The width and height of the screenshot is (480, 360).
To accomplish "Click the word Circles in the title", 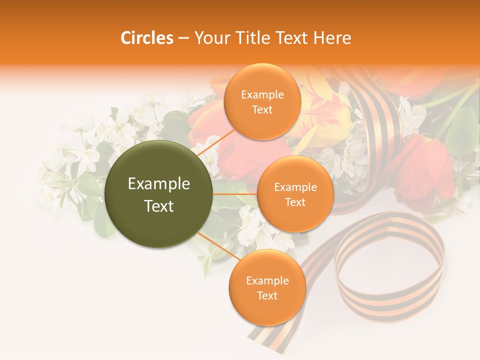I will pyautogui.click(x=146, y=38).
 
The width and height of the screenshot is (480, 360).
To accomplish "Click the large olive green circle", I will pyautogui.click(x=158, y=194).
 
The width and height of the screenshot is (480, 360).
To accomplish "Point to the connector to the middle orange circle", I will pyautogui.click(x=235, y=194).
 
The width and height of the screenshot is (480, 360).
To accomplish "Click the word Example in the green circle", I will pyautogui.click(x=159, y=184).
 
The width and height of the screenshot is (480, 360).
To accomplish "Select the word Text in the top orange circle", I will pyautogui.click(x=262, y=109).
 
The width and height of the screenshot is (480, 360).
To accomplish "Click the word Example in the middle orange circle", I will pyautogui.click(x=295, y=187).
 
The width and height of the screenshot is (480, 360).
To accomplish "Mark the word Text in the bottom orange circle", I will pyautogui.click(x=267, y=295).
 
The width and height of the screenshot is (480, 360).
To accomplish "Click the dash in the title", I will pyautogui.click(x=183, y=38).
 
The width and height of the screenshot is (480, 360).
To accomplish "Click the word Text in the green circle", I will pyautogui.click(x=159, y=206).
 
